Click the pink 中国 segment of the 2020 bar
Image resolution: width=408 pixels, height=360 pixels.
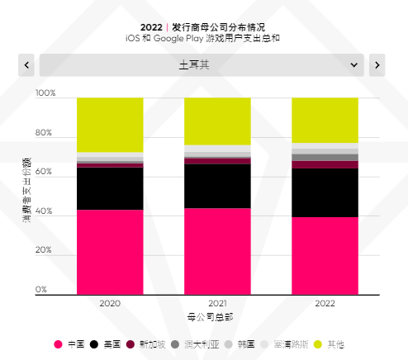click(x=110, y=252)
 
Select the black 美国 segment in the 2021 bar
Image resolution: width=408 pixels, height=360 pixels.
click(x=217, y=186)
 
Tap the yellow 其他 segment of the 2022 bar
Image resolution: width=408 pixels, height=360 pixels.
click(x=325, y=120)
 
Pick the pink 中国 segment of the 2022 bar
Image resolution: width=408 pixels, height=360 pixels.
click(x=325, y=255)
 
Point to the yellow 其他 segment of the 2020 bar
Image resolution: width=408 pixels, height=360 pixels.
click(x=110, y=125)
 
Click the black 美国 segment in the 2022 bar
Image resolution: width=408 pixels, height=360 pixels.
click(x=325, y=192)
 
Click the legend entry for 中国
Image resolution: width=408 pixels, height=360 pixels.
click(x=69, y=343)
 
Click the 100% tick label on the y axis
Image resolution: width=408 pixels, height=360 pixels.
click(x=45, y=94)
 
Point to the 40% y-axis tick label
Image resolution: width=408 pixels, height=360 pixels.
click(x=45, y=211)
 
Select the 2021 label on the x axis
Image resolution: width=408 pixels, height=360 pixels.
click(x=217, y=303)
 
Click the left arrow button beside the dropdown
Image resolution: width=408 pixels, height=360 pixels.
click(x=26, y=64)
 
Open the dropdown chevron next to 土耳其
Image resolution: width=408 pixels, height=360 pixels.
click(x=354, y=64)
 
